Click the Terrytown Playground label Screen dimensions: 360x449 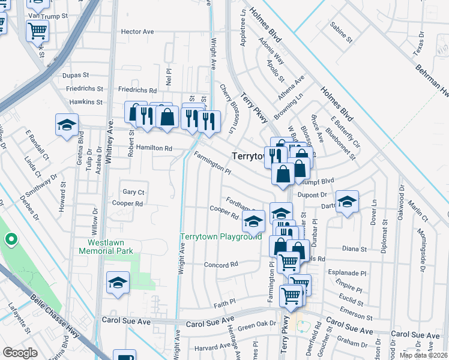click(x=221, y=237)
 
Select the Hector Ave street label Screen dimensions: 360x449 click(x=137, y=32)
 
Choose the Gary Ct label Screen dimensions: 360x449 click(x=133, y=192)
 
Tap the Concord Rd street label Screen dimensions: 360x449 click(x=221, y=265)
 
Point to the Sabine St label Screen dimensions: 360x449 click(x=341, y=32)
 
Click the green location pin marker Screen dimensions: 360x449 click(x=10, y=241)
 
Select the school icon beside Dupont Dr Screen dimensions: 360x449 click(x=346, y=202)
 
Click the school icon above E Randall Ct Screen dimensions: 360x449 click(x=67, y=125)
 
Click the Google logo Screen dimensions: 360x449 click(x=20, y=353)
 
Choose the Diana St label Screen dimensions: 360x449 click(x=354, y=249)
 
